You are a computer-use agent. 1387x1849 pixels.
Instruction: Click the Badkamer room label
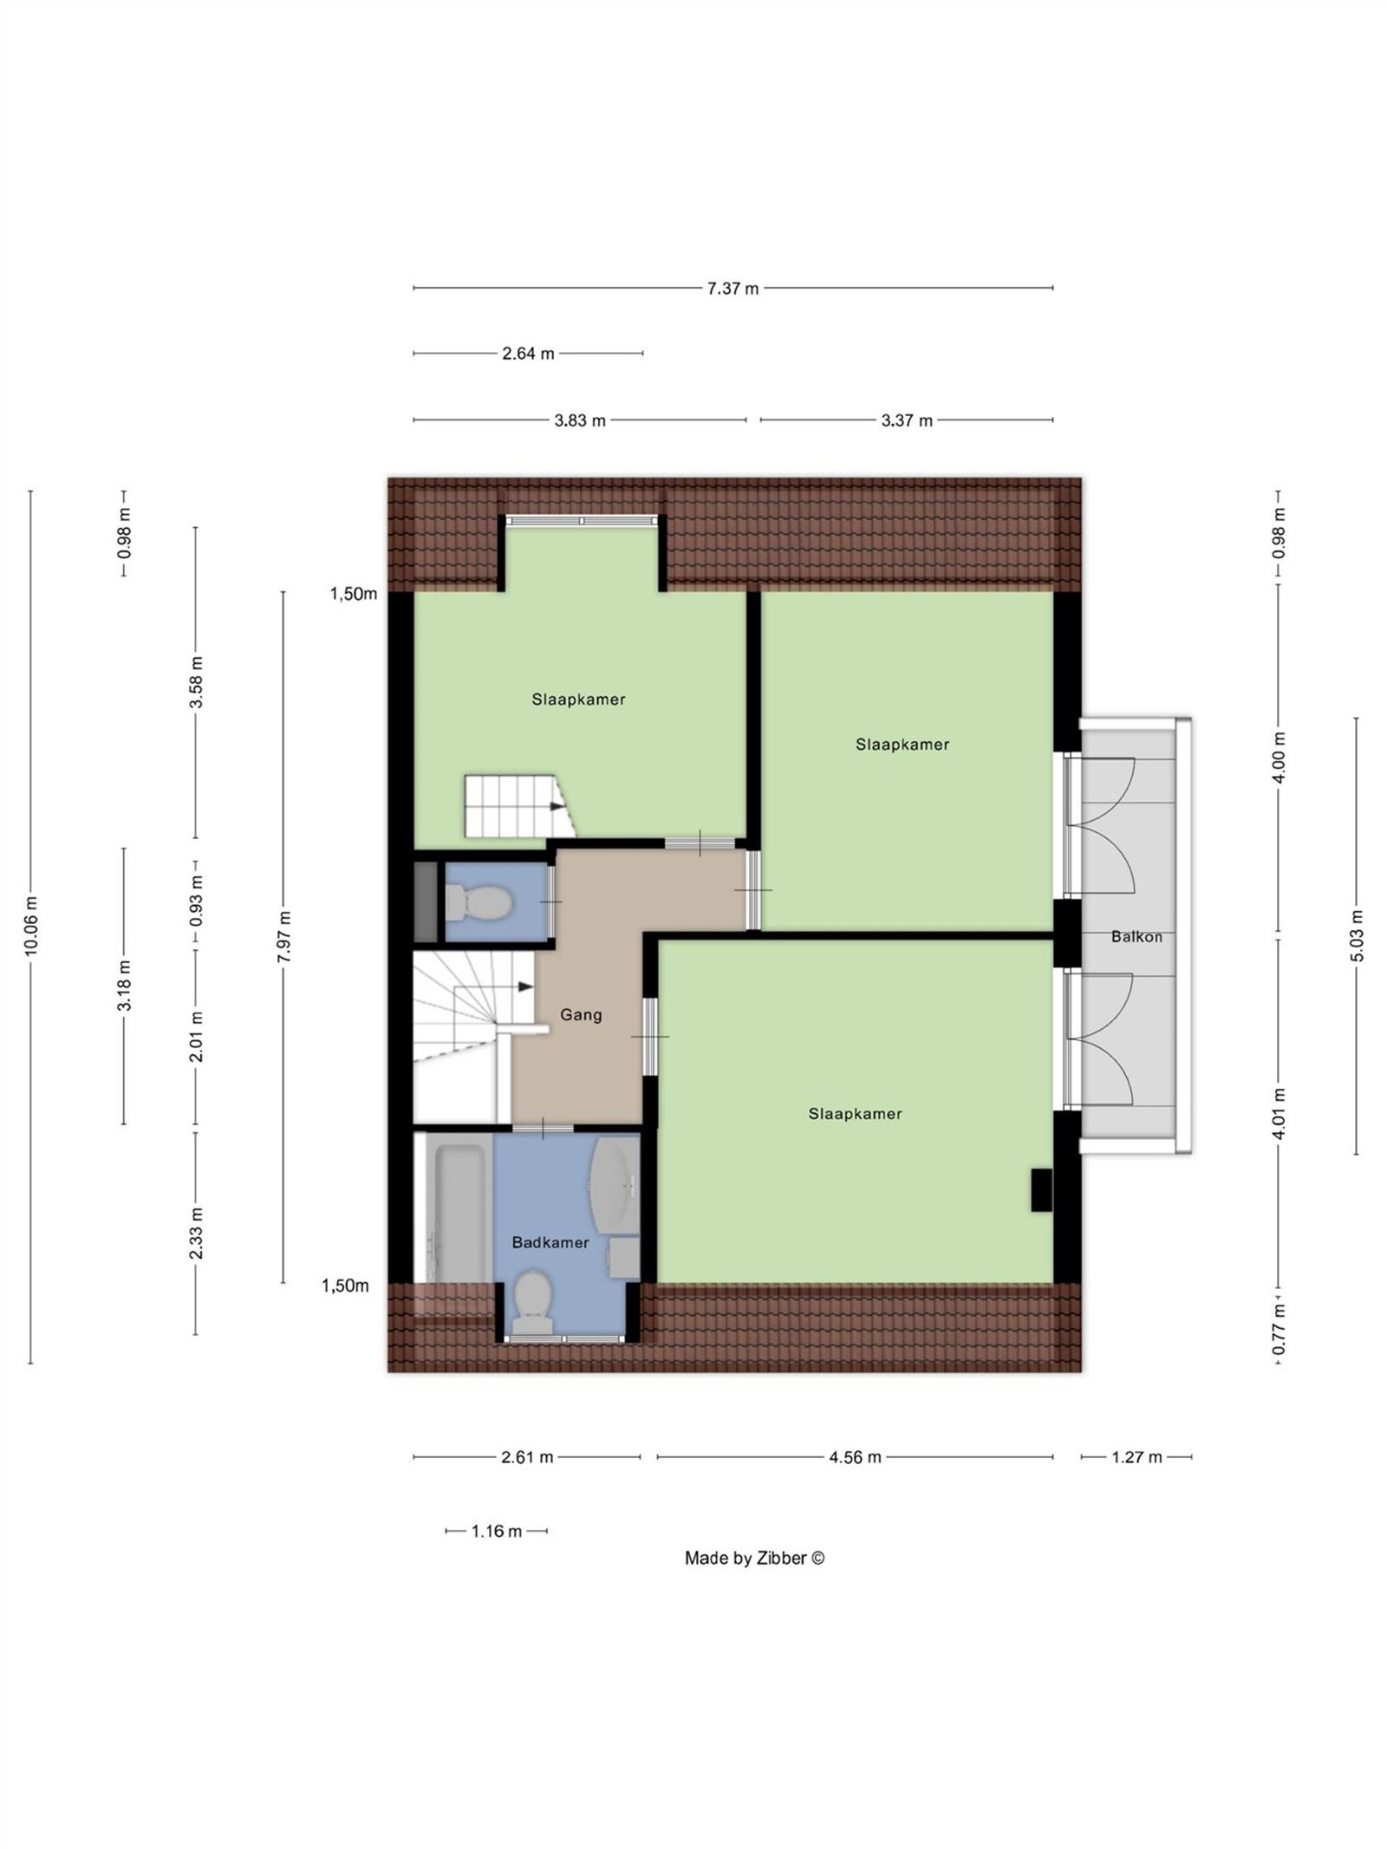tap(550, 1242)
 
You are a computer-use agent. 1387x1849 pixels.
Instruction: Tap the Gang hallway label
tap(581, 1014)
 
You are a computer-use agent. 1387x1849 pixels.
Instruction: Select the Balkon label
tap(1136, 936)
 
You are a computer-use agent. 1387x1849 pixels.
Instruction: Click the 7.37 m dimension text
tap(733, 289)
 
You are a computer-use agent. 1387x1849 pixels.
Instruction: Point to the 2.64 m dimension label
tap(528, 354)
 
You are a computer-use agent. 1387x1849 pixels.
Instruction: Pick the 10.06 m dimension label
tap(31, 926)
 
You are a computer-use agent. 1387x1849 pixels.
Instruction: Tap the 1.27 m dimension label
tap(1136, 1457)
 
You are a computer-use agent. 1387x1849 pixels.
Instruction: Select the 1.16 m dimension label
tap(497, 1531)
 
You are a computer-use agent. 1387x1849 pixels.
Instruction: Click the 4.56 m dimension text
tap(855, 1457)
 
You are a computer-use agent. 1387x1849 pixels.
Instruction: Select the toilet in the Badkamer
tap(531, 1300)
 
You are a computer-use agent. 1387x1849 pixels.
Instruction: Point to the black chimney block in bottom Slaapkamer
tap(1040, 1189)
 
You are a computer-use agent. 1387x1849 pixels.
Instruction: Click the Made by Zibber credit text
tap(754, 1582)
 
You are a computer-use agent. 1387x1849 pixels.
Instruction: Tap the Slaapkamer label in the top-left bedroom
tap(578, 700)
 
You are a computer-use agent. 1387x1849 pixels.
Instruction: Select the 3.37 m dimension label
tap(907, 420)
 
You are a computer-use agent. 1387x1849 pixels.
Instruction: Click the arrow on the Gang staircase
tap(524, 986)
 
